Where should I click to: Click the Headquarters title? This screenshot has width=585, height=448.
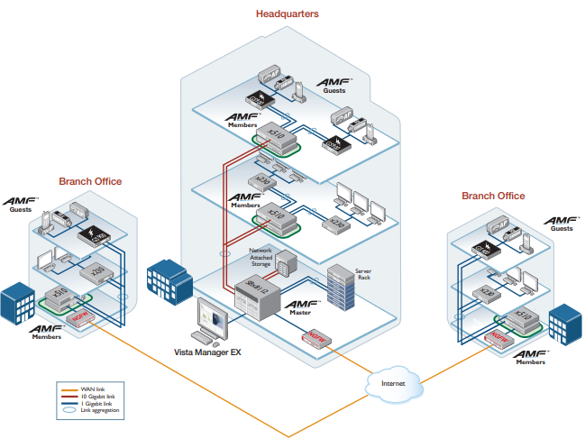pos(287,14)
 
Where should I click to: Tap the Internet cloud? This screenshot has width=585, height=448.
pos(394,383)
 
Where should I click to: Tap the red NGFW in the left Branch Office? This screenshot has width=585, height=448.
pos(78,317)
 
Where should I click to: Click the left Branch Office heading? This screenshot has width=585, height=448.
pos(90,181)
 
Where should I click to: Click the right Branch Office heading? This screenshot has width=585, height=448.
pos(493,196)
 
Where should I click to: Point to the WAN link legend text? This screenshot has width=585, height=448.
pos(94,389)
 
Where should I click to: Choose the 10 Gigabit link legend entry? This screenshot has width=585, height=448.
pos(97,396)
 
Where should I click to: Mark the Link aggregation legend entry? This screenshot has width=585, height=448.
pos(98,410)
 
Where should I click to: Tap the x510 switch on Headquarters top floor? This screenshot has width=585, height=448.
pos(271,136)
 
